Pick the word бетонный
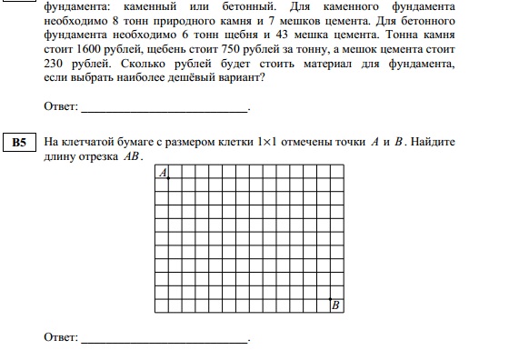[260, 5]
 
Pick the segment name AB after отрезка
[132, 156]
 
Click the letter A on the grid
[162, 172]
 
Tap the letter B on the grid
[335, 305]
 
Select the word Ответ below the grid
[59, 338]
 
